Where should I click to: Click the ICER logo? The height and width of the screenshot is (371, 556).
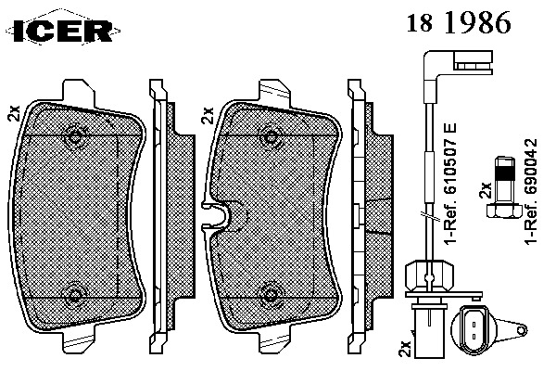click(x=63, y=29)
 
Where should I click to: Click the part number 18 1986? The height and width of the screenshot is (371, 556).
click(x=458, y=22)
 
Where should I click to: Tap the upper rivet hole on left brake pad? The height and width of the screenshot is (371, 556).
click(x=74, y=136)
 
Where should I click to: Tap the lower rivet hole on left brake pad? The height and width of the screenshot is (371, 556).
click(x=74, y=295)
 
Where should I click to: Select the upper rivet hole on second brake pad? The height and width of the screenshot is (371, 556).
click(x=272, y=137)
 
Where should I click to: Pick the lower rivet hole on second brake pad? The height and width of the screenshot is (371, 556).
click(x=272, y=294)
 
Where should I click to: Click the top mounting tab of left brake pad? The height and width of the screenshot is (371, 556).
click(x=79, y=94)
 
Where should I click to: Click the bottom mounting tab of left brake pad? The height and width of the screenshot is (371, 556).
click(x=79, y=339)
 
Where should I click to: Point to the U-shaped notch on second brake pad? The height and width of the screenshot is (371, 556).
click(x=216, y=216)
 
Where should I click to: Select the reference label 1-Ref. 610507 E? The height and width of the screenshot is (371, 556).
click(x=450, y=183)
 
